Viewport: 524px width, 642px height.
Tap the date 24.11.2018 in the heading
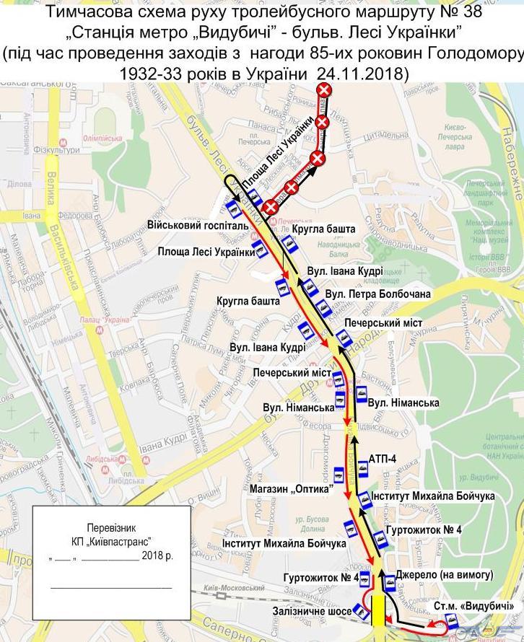364,73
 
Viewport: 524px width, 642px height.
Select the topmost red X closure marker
327,89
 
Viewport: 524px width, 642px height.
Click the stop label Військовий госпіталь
198,225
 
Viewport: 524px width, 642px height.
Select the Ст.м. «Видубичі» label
479,605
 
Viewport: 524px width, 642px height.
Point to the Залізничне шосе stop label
313,612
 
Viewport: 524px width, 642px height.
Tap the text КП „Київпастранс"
111,541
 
